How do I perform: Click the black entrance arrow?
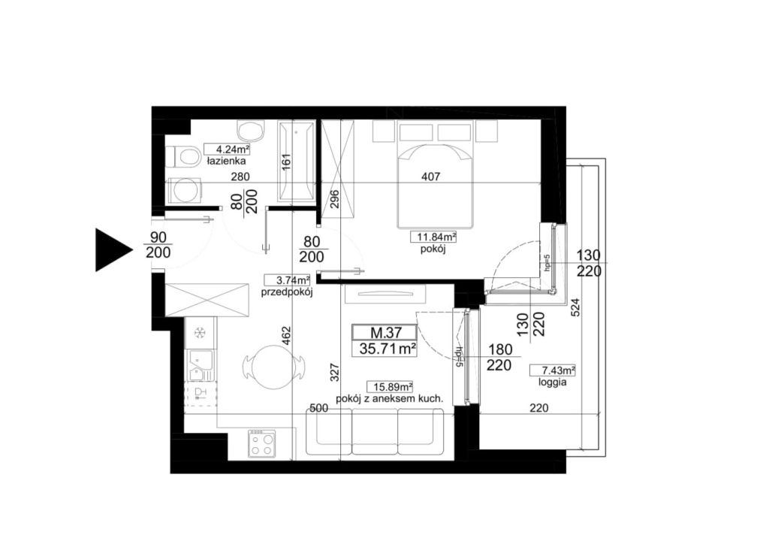pos(112,249)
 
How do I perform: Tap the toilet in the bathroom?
pos(182,157)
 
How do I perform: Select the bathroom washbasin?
pos(250,131)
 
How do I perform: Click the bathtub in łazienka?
pos(296,161)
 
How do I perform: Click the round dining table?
pos(273,367)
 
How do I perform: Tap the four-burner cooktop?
pos(261,443)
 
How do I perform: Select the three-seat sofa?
pos(375,432)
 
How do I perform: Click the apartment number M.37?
pos(385,333)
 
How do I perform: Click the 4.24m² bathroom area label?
pos(227,149)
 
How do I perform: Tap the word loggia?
pos(553,382)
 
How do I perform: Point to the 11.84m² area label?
pos(433,237)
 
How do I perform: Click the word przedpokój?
pos(287,293)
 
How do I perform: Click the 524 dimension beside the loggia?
pos(576,307)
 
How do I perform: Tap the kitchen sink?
pos(201,364)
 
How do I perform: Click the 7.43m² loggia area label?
pos(552,370)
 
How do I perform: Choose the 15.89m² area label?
pos(390,387)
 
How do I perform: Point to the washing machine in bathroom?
pos(185,190)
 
